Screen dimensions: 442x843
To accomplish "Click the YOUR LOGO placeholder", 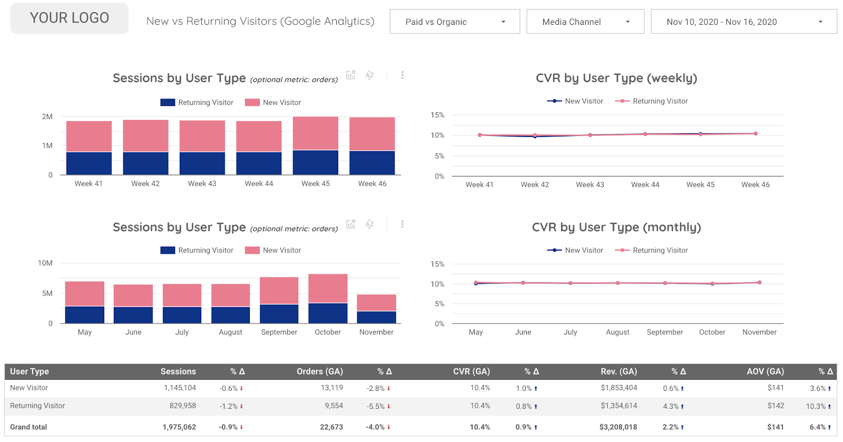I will pyautogui.click(x=69, y=18).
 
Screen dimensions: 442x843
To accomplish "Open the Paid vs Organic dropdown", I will pyautogui.click(x=454, y=22).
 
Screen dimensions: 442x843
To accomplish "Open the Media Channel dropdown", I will pyautogui.click(x=585, y=22).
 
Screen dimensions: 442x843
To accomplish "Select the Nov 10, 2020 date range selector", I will pyautogui.click(x=743, y=22).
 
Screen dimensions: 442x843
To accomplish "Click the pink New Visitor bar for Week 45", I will pyautogui.click(x=315, y=133).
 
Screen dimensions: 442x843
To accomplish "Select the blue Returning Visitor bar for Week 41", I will pyautogui.click(x=89, y=163).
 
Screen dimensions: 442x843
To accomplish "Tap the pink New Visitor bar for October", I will pyautogui.click(x=328, y=288).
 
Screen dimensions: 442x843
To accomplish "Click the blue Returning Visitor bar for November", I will pyautogui.click(x=376, y=317).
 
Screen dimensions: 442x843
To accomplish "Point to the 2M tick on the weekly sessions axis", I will pyautogui.click(x=47, y=116).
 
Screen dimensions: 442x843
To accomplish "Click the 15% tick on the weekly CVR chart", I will pyautogui.click(x=437, y=115).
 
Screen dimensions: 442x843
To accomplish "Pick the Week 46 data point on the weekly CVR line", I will pyautogui.click(x=756, y=134).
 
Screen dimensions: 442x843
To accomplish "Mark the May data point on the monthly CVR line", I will pyautogui.click(x=476, y=283).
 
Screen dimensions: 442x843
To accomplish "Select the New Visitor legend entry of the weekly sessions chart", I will pyautogui.click(x=273, y=103).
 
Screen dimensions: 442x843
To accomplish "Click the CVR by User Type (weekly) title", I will pyautogui.click(x=616, y=78).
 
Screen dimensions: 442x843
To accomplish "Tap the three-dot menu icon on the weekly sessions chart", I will pyautogui.click(x=402, y=75).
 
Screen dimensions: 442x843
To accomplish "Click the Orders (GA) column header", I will pyautogui.click(x=319, y=371).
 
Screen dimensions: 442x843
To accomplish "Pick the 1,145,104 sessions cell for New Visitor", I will pyautogui.click(x=180, y=388).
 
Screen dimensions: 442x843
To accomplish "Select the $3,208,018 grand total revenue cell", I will pyautogui.click(x=617, y=427).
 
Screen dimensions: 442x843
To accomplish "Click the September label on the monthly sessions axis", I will pyautogui.click(x=279, y=332).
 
